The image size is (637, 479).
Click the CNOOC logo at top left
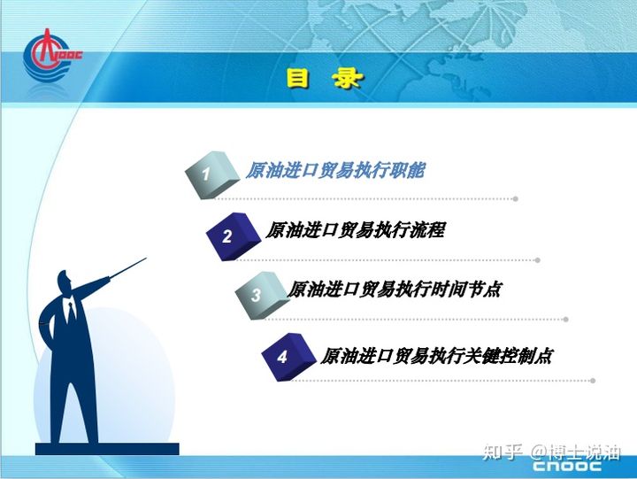[x=50, y=55]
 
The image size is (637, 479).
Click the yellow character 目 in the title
[x=298, y=78]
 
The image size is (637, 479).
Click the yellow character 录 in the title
[x=346, y=78]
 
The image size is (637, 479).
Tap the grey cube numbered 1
[x=211, y=174]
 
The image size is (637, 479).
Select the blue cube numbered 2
[x=233, y=236]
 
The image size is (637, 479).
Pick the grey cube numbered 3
[x=262, y=295]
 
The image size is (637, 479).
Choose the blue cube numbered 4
[x=288, y=357]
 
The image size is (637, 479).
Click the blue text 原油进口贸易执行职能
[x=335, y=170]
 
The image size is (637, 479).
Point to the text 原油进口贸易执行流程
[x=356, y=230]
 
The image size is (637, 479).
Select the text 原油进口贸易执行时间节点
[x=394, y=290]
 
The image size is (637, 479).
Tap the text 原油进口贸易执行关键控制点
[x=436, y=356]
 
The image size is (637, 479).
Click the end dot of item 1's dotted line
[x=516, y=199]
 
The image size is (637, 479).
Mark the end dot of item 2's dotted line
[x=538, y=260]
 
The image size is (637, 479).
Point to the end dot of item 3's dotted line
[x=565, y=320]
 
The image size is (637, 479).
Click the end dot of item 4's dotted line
[x=593, y=381]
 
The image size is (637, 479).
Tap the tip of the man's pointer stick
[x=146, y=258]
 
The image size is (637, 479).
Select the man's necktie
[x=72, y=311]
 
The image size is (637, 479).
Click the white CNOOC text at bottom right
[x=567, y=466]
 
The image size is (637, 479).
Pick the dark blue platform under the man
[x=107, y=449]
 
